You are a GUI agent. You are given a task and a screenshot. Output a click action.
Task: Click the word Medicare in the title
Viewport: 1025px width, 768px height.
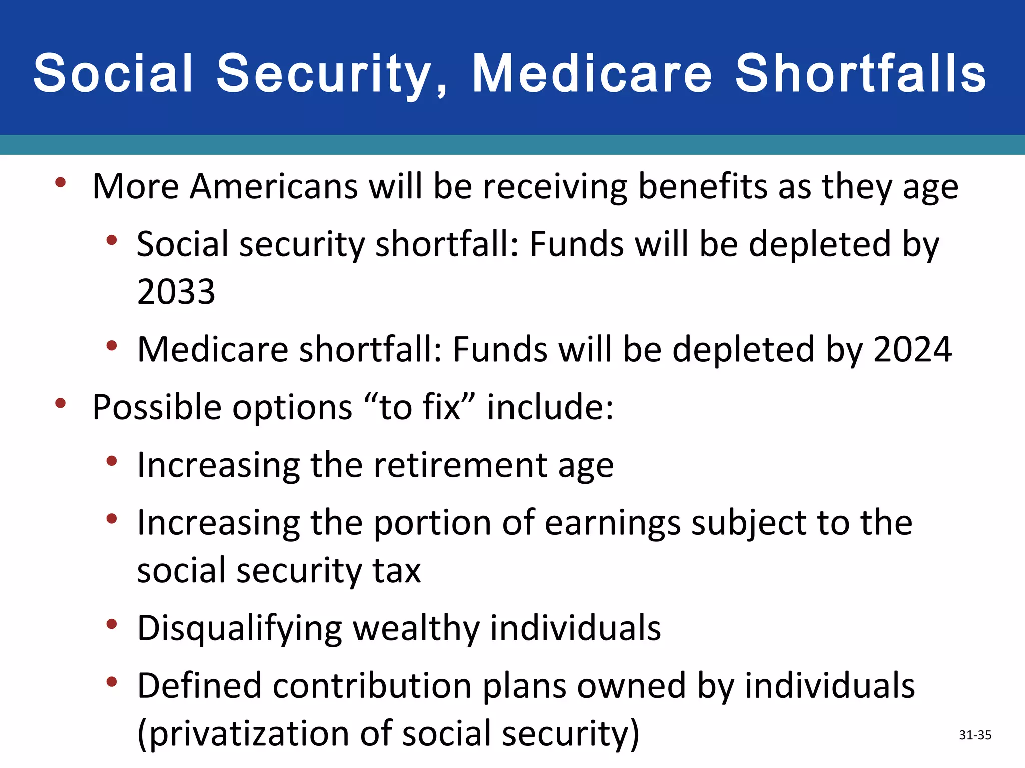coord(592,74)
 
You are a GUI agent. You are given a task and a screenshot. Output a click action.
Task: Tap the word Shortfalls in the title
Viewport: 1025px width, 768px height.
coord(860,74)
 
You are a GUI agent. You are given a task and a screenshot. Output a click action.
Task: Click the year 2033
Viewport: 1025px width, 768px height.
coord(176,292)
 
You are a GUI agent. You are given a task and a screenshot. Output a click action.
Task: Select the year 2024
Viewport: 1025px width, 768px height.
coord(912,349)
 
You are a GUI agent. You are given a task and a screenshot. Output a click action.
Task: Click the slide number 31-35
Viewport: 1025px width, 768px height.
coord(975,735)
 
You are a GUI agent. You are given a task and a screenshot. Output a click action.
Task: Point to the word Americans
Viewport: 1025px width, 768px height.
coord(273,186)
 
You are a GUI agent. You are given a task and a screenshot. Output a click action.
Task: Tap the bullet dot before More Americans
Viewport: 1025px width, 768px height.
coord(61,182)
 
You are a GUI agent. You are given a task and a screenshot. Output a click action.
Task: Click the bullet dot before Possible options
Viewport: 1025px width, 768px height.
coord(61,403)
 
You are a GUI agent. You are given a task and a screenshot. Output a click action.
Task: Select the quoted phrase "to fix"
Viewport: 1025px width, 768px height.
coord(420,407)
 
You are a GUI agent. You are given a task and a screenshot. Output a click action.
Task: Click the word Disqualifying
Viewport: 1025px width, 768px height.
coord(239,629)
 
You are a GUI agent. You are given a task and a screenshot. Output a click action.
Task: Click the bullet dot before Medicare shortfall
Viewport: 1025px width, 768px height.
coord(112,345)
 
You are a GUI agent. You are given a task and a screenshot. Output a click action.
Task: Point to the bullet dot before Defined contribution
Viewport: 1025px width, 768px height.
coord(112,682)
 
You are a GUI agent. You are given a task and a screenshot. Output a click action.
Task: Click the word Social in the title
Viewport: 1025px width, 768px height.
coord(113,74)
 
